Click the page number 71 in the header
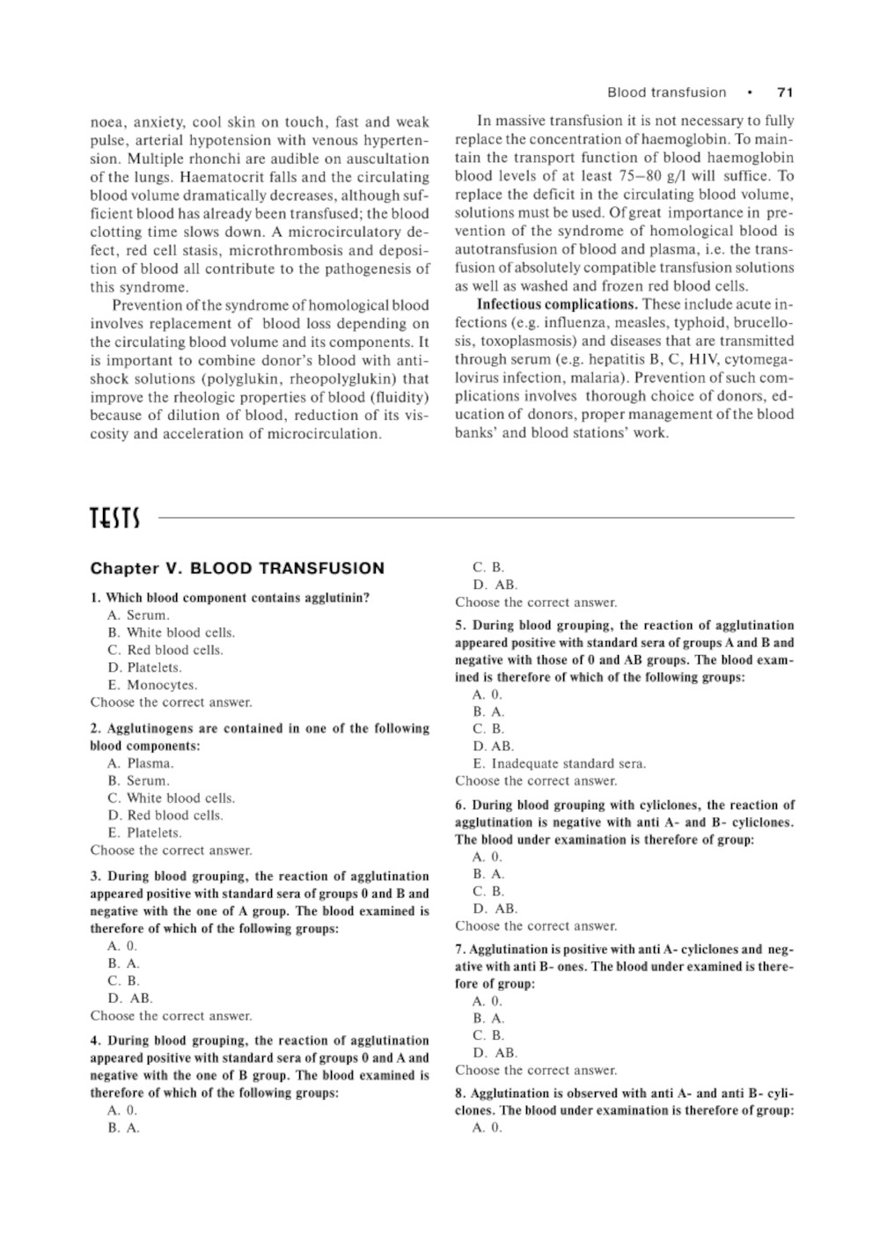tap(785, 92)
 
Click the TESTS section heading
tap(114, 519)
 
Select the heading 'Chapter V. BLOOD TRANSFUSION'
tap(238, 569)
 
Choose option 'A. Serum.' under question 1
tap(139, 615)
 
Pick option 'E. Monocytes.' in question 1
tap(152, 685)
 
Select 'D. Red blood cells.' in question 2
tap(165, 815)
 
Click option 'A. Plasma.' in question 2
tap(141, 763)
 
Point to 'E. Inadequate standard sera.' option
tap(559, 763)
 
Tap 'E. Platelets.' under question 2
tap(145, 833)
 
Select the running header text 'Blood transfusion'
tap(667, 92)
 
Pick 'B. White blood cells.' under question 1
tap(172, 633)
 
